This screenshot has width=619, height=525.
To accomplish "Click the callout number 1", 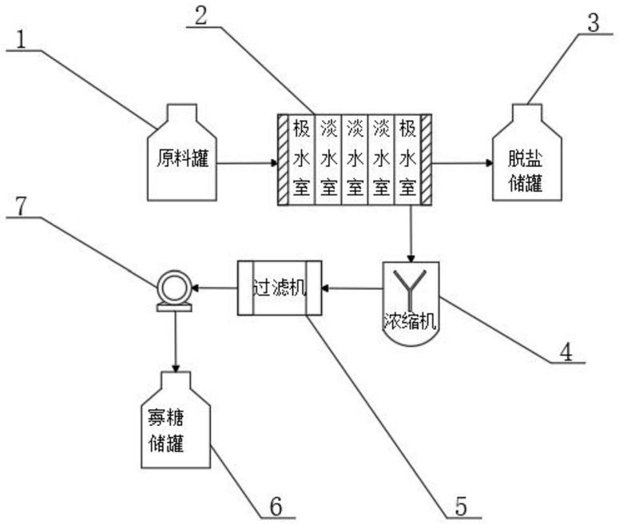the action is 21,39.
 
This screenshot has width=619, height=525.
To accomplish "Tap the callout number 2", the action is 201,16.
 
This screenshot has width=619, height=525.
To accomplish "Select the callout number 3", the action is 593,23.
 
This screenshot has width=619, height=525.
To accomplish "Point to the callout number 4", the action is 566,352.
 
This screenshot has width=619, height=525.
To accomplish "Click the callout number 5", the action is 461,506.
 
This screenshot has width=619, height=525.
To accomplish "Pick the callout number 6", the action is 276,506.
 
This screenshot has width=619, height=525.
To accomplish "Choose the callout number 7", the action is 21,206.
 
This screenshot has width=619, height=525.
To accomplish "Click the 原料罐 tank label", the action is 182,158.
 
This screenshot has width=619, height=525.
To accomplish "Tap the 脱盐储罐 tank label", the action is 525,171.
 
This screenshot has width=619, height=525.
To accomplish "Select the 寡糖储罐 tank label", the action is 166,430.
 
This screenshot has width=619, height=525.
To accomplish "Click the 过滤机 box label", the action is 280,287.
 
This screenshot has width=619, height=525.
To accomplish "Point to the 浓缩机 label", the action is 411,320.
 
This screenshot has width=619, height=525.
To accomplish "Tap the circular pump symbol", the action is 174,291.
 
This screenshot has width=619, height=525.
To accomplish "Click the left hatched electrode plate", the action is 283,160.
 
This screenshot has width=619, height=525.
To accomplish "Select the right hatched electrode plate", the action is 426,160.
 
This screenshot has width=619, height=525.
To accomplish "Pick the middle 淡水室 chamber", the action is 355,160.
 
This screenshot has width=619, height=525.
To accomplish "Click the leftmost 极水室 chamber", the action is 302,160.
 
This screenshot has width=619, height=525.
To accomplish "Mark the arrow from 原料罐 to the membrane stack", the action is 247,163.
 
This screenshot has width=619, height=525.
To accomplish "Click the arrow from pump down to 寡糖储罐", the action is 176,342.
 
